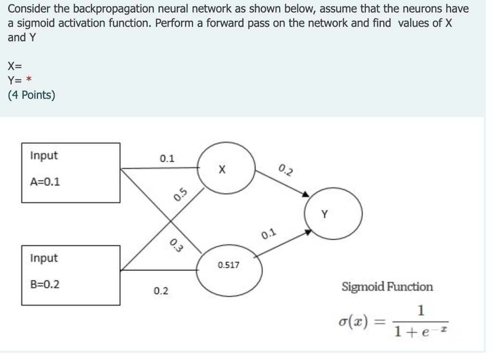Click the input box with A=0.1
71,172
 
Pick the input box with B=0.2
71,275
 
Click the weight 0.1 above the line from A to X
167,158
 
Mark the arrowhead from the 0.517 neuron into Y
307,232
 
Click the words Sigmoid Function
387,287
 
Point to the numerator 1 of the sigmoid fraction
421,310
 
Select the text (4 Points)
31,95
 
